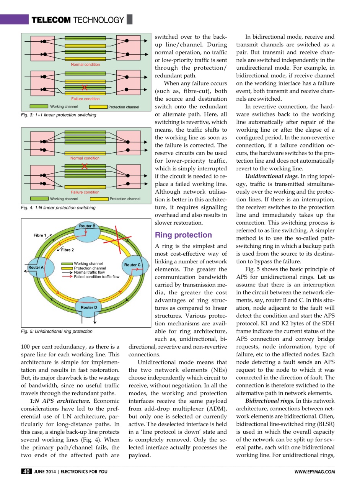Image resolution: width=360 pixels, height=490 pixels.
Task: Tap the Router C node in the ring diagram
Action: pos(132,265)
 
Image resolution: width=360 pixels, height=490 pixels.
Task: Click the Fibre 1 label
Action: pos(40,235)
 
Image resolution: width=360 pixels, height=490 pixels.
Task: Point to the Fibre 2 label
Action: pos(67,250)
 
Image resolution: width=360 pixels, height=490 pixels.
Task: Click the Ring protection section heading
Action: pos(183,235)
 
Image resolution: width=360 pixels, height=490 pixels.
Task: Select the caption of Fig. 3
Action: pos(59,115)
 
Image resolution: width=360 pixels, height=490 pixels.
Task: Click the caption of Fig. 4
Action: pos(58,208)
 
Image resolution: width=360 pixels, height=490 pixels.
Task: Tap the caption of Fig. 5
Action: pos(57,332)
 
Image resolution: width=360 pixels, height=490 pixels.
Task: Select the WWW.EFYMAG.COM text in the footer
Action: pos(315,472)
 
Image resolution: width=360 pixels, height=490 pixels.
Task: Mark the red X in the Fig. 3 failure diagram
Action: pos(85,88)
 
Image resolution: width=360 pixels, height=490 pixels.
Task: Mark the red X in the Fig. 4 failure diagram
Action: pos(85,166)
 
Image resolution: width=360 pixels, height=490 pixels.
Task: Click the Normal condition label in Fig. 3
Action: pos(85,65)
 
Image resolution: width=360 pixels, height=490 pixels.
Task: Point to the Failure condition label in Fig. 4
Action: pos(85,192)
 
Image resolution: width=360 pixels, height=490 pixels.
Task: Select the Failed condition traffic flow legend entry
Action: pos(96,276)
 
